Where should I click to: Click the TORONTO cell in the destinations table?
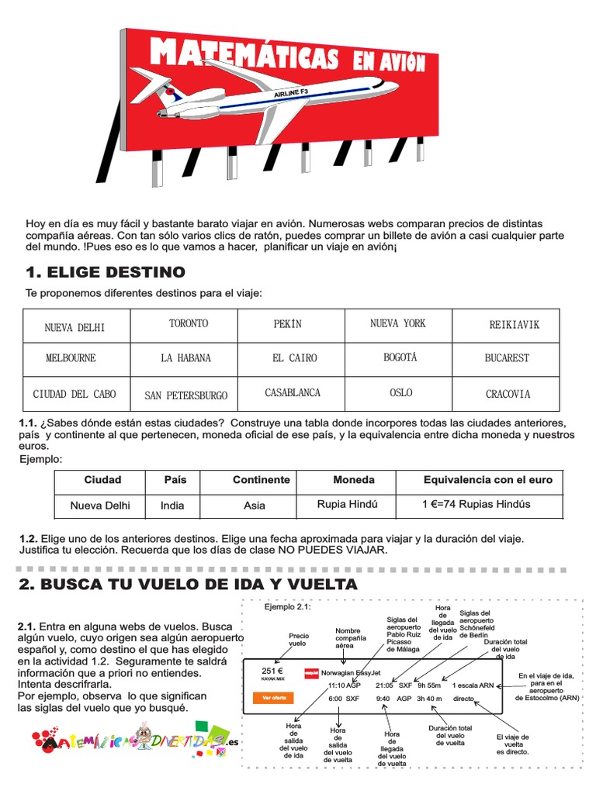(x=189, y=323)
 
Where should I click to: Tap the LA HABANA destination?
(x=185, y=358)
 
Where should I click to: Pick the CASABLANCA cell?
(x=293, y=393)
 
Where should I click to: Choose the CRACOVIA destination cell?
(x=508, y=394)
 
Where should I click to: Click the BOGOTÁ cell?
(x=400, y=357)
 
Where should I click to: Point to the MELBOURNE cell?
(x=71, y=358)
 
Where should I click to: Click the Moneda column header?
(x=353, y=480)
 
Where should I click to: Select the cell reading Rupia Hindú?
(x=347, y=504)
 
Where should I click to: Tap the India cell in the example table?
(x=172, y=506)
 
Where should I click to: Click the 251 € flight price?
(x=272, y=671)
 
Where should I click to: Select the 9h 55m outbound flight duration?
(x=428, y=685)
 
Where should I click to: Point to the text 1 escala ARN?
(x=474, y=685)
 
